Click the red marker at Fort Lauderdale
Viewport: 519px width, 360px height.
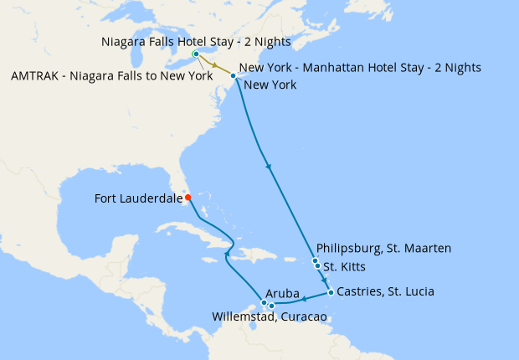coord(188,198)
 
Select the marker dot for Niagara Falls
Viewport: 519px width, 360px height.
coord(196,54)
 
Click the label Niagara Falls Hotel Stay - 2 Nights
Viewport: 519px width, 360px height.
coord(196,41)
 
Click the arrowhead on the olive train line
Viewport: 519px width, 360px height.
coord(214,65)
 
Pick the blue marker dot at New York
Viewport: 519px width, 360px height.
coord(233,76)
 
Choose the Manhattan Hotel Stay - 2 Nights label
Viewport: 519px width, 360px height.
coord(360,68)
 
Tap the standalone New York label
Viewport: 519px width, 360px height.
coord(270,85)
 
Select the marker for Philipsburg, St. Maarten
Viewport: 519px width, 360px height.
coord(315,261)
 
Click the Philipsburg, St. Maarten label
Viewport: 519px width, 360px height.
coord(384,249)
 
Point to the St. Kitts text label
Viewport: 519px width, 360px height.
coord(343,268)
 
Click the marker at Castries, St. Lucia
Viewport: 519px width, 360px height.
coord(331,292)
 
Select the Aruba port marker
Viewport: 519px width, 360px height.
coord(264,302)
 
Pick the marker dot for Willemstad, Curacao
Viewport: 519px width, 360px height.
coord(271,306)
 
